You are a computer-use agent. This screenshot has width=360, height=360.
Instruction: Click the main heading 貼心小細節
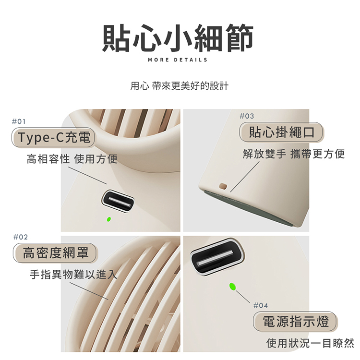pos(178,38)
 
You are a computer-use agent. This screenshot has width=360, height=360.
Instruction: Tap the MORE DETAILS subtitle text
pos(178,60)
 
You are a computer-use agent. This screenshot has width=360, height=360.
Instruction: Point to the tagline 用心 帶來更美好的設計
pos(180,86)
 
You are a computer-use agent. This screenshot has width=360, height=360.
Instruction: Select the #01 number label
pos(19,121)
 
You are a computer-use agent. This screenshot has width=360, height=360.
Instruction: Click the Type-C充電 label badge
pos(53,138)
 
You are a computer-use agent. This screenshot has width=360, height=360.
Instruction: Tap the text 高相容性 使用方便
pos(72,159)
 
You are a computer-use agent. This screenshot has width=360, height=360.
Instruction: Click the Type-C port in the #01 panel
pos(118,201)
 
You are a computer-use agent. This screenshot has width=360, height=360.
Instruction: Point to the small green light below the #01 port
pos(109,219)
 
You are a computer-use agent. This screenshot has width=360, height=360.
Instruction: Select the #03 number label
pos(247,116)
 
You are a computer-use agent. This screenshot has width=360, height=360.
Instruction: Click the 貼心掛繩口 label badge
pos(281,132)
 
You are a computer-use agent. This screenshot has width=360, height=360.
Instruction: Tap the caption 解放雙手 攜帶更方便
pos(294,154)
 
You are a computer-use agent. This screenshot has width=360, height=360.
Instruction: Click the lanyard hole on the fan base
pos(223,186)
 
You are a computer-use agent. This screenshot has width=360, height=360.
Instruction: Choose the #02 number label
pos(21,237)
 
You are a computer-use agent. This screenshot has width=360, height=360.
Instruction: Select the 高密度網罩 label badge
pos(55,253)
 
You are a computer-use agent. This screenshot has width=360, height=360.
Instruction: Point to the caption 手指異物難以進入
pos(73,274)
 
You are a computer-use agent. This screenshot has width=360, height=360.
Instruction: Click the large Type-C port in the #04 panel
pos(217,257)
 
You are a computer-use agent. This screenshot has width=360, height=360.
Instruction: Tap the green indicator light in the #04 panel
pos(232,287)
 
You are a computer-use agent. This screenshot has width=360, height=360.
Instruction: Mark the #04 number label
pos(261,306)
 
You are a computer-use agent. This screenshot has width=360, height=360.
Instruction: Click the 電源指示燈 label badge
pos(295,321)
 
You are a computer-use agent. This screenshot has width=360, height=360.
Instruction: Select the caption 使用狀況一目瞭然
pos(310,343)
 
